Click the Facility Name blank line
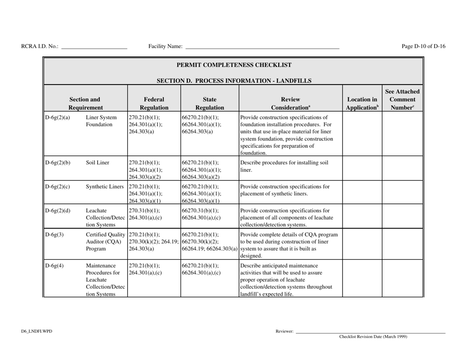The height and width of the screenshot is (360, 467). [x=262, y=48]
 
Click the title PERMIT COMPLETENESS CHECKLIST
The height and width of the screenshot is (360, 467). [x=233, y=65]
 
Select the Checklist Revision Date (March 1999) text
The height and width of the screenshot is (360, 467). [x=372, y=337]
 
